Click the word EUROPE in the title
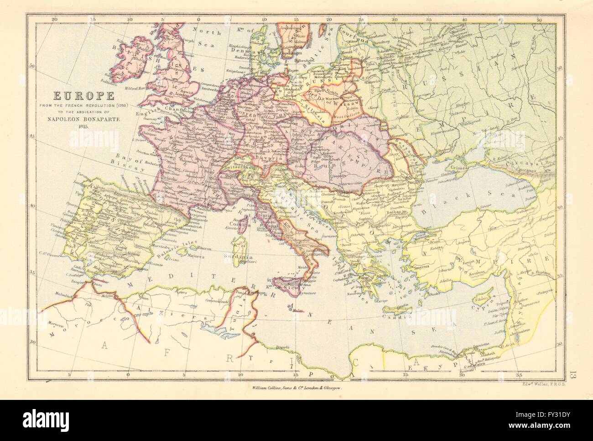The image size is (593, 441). [78, 96]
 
